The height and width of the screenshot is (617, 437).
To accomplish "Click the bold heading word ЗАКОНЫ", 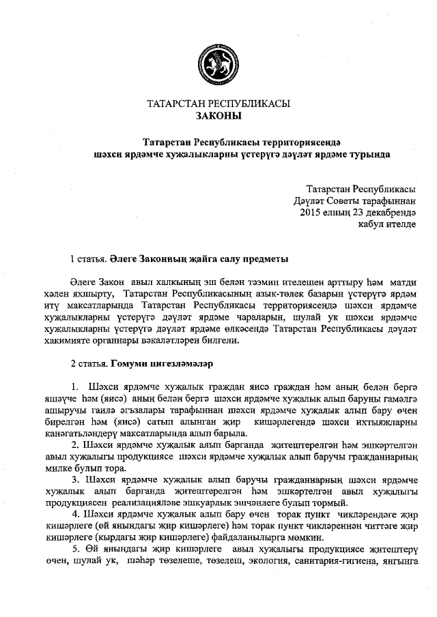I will [x=218, y=117].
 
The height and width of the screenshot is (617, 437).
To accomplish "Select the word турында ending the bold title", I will [x=367, y=154].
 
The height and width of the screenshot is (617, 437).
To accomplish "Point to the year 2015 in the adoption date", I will [x=313, y=212].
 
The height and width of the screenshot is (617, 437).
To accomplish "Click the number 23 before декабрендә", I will [x=358, y=212].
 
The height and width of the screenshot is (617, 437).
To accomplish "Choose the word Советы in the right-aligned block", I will [x=339, y=200].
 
